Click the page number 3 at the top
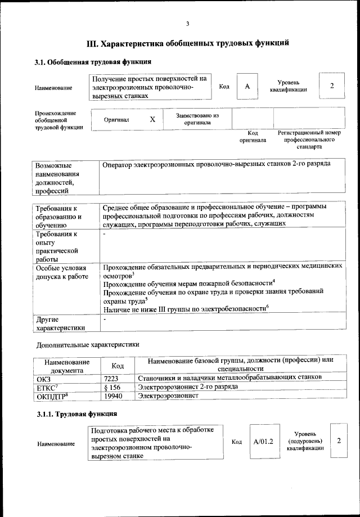(x=188, y=23)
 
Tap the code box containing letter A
(x=247, y=86)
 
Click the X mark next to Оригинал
(x=152, y=120)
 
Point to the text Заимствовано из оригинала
(x=197, y=119)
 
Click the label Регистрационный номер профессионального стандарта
(x=309, y=140)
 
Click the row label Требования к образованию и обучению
(x=58, y=216)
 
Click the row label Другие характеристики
(x=60, y=323)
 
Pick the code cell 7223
(x=114, y=377)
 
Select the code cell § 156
(x=114, y=386)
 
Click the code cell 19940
(x=114, y=396)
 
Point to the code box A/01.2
(x=263, y=442)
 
